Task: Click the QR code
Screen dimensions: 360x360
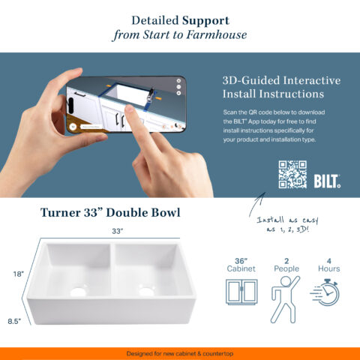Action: pos(292,175)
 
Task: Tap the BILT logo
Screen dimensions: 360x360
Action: pos(327,181)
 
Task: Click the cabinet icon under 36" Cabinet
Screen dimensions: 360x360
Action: pos(241,292)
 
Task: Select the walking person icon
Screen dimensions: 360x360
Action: pos(285,299)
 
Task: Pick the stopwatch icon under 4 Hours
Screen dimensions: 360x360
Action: pos(325,292)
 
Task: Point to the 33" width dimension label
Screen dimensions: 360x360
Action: pos(118,231)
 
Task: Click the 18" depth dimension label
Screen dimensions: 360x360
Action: pos(19,274)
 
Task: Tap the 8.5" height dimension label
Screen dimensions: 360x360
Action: pos(14,321)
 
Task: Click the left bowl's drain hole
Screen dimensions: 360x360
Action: pos(78,292)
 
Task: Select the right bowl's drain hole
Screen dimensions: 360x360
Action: pos(145,291)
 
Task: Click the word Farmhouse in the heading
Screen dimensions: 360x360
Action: pos(217,34)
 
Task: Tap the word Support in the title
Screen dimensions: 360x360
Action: pos(205,21)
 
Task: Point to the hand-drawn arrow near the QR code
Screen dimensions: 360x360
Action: pos(256,204)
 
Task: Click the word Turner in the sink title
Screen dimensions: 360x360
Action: pos(60,213)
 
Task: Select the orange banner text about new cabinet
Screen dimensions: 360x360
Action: pos(180,354)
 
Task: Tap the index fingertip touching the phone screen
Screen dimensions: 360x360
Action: pos(130,109)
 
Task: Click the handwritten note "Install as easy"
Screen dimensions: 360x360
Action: pos(287,220)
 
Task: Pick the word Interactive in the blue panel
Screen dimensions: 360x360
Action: pos(312,80)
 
